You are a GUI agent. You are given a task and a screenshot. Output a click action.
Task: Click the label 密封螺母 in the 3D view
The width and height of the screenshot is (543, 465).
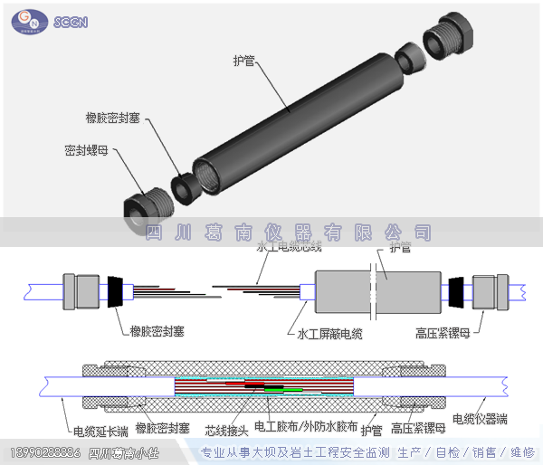point(86,151)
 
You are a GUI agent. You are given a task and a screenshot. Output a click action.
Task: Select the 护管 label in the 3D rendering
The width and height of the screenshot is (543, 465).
point(243,61)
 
